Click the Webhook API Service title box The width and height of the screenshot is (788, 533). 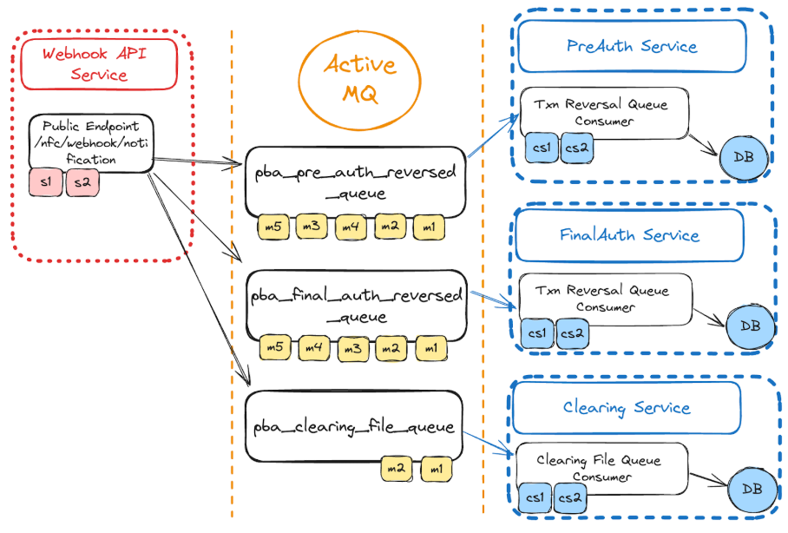point(99,63)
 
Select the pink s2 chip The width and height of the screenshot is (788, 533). point(82,183)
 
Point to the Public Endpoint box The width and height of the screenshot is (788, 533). point(90,142)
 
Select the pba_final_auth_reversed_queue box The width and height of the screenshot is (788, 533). point(356,305)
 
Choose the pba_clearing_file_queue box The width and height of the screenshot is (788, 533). point(353,426)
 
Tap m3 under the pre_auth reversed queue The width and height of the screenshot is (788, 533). point(312,227)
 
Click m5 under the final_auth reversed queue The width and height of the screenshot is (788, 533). point(275,348)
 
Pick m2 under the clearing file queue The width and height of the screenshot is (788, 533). point(397,469)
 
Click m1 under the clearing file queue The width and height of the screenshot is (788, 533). point(436,469)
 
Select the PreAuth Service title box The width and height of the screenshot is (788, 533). point(631,46)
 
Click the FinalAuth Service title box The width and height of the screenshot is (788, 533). point(629,234)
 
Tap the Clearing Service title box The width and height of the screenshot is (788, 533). point(626,407)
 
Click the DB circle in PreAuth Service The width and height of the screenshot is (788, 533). point(743,156)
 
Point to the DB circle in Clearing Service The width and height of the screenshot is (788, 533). point(752,490)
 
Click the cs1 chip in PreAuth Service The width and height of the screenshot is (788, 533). point(542,148)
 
